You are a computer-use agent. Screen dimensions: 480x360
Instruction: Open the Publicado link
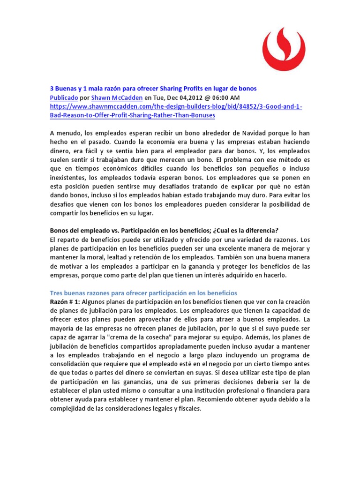tap(64, 97)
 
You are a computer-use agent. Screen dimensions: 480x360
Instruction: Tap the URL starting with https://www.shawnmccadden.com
tap(176, 107)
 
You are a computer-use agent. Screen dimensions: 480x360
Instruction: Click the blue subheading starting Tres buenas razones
tap(144, 292)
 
